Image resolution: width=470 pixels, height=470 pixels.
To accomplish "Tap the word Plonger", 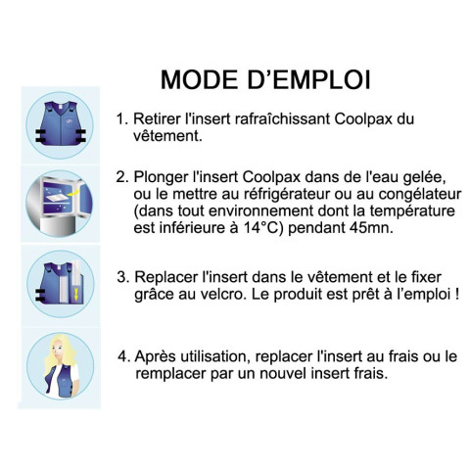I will coord(161,178).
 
